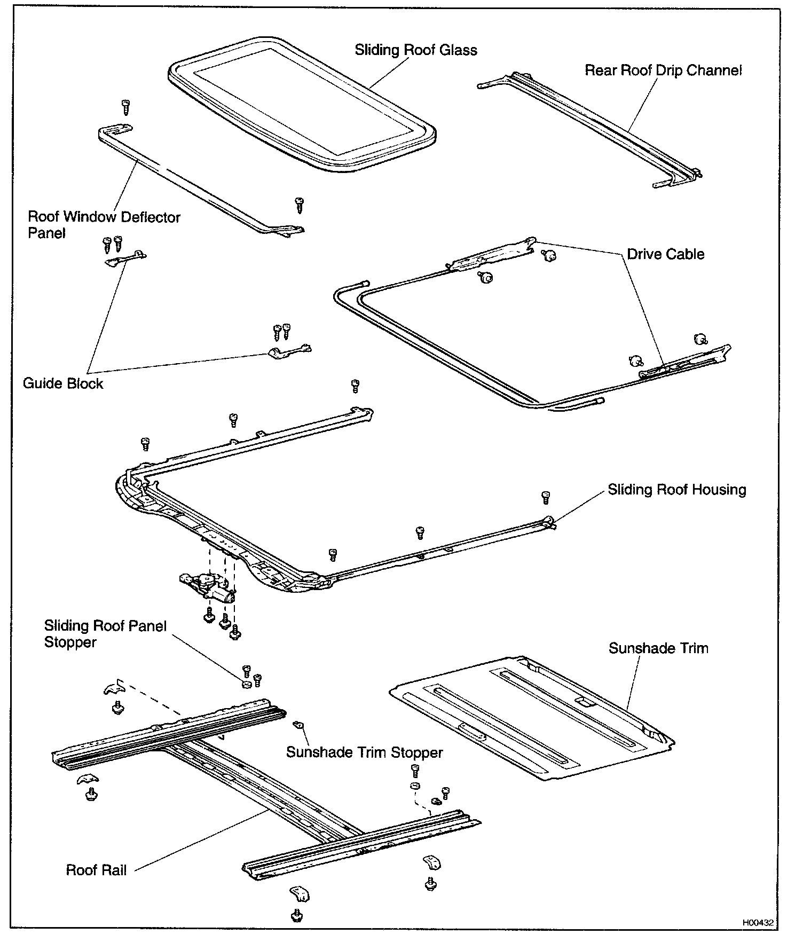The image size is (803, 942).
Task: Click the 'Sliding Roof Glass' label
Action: click(x=416, y=50)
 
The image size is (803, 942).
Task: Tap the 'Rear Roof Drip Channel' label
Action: click(x=663, y=70)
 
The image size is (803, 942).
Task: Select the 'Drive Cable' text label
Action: click(x=665, y=254)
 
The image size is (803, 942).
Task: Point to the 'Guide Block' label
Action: click(x=63, y=383)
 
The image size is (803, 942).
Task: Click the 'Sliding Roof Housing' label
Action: click(x=677, y=490)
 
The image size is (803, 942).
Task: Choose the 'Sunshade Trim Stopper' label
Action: click(x=364, y=752)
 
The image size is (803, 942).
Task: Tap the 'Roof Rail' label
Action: click(x=96, y=870)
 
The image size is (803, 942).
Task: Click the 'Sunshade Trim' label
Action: click(x=658, y=648)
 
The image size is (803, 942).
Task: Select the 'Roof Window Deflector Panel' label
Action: click(x=104, y=225)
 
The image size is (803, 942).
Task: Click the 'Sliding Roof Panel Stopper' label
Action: click(x=105, y=634)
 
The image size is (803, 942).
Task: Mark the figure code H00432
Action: click(x=757, y=922)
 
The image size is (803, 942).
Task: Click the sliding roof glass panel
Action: click(x=302, y=101)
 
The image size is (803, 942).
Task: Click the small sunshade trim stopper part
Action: click(x=299, y=725)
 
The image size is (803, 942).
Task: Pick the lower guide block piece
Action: click(x=288, y=352)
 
